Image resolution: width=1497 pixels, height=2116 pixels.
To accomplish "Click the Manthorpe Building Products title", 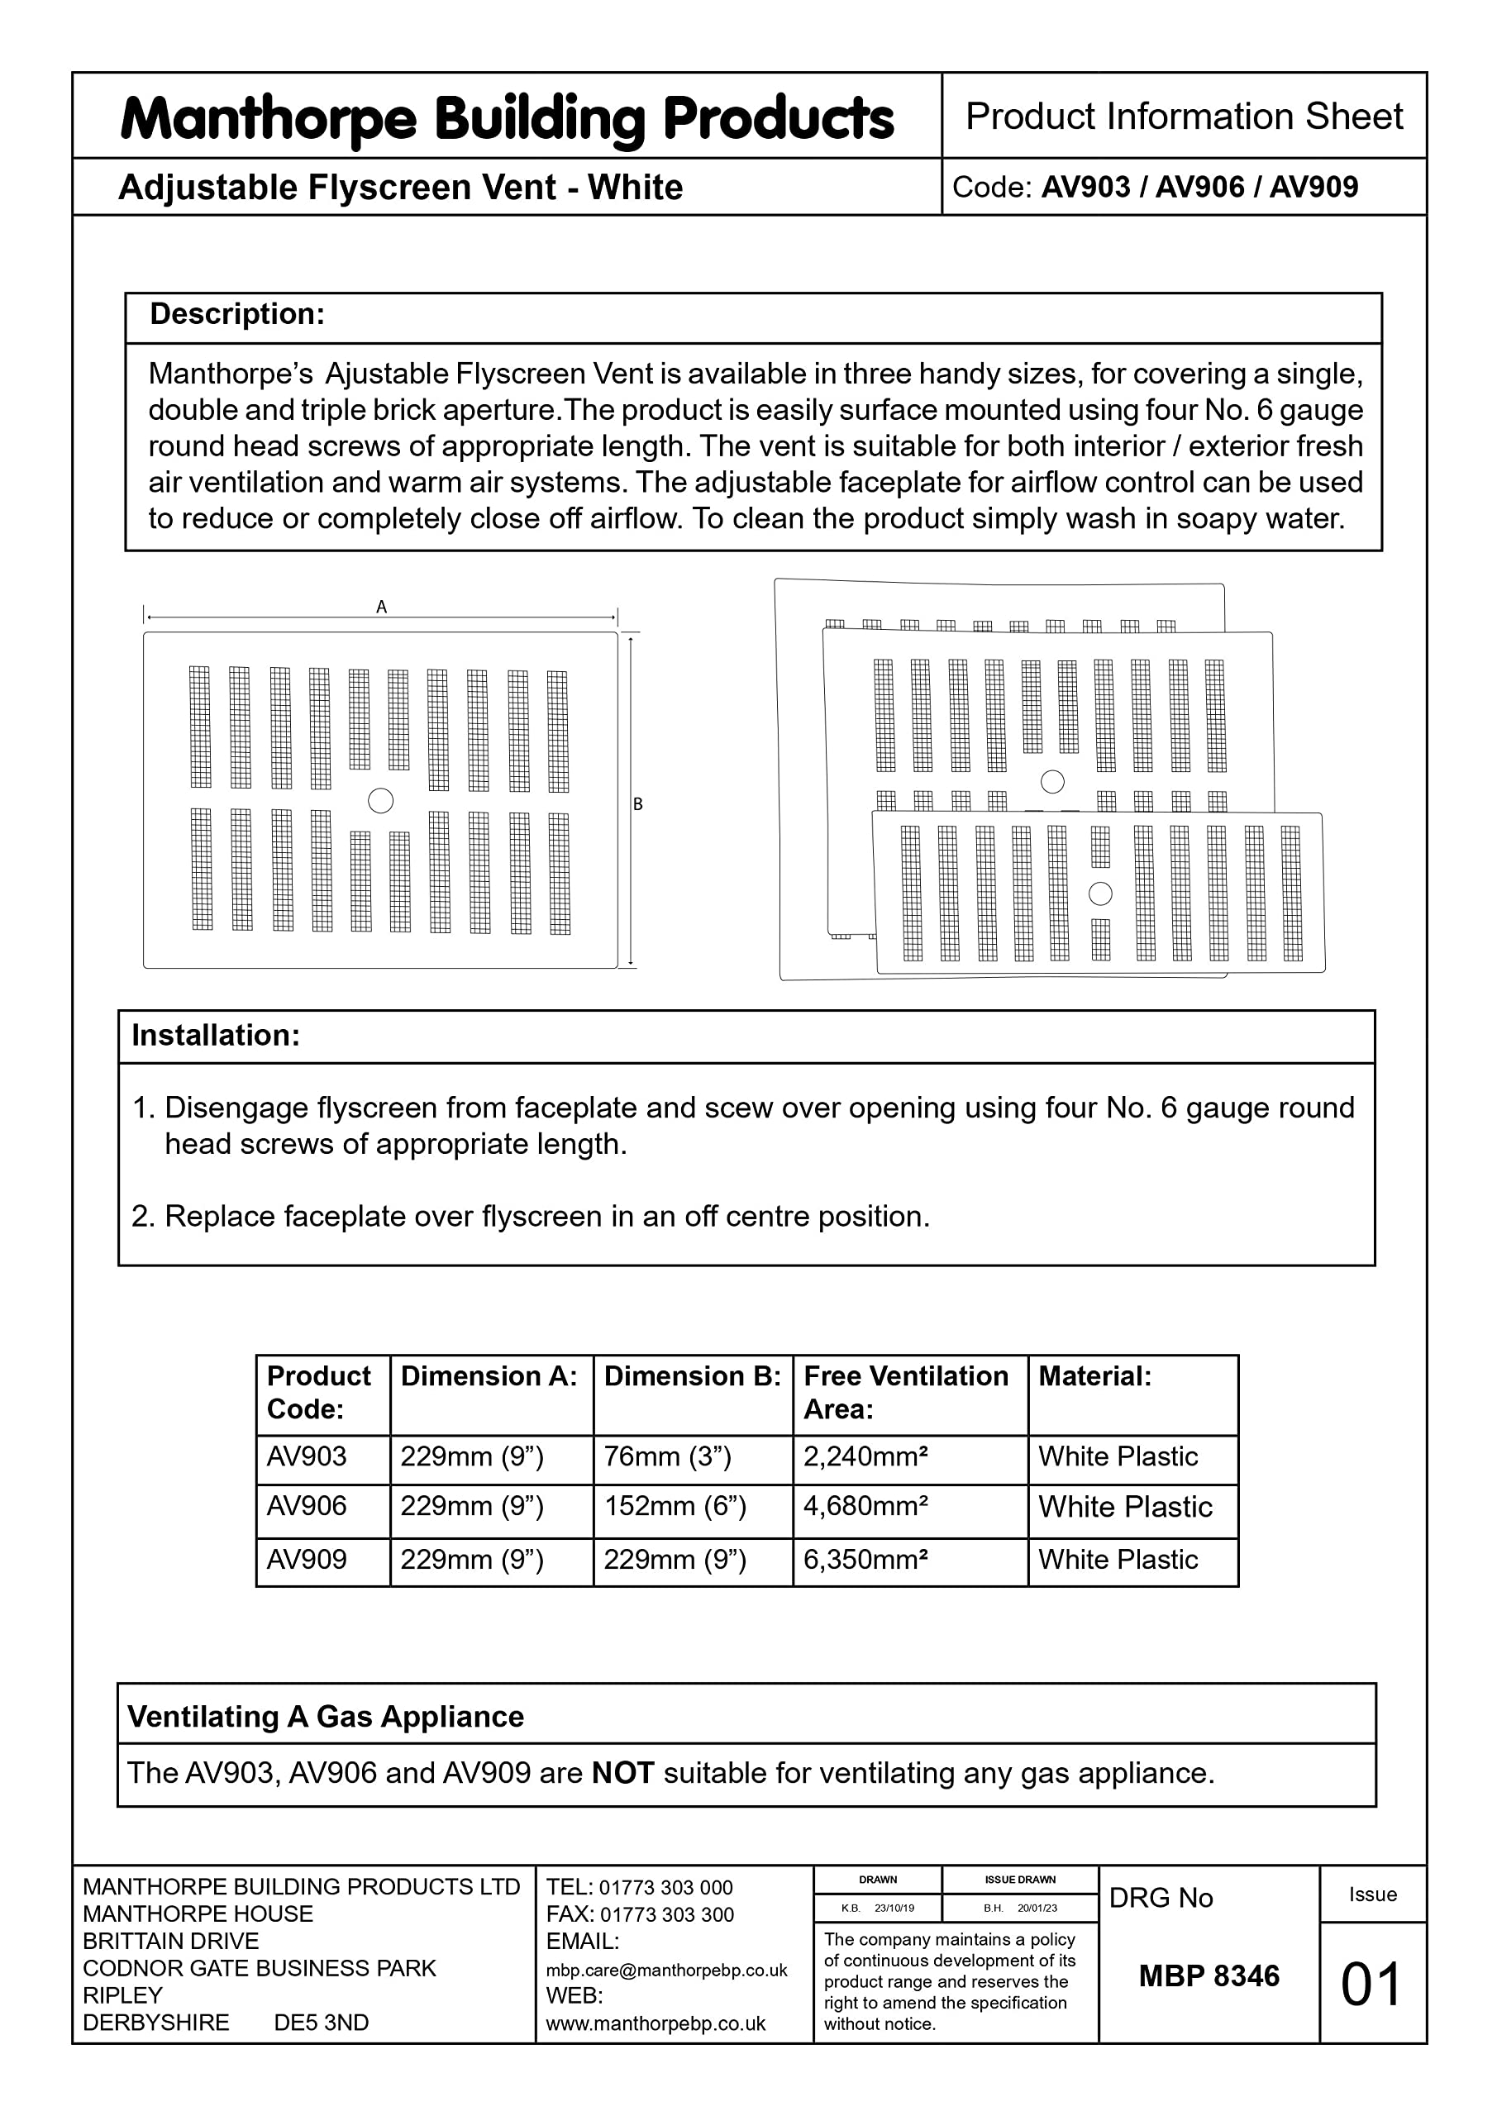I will click(507, 119).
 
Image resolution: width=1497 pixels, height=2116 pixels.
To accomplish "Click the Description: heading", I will click(237, 314).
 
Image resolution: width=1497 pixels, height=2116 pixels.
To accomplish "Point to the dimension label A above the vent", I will click(382, 608).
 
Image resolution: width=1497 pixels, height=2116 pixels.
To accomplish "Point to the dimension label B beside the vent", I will click(638, 804).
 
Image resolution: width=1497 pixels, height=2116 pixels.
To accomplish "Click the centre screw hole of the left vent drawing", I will click(381, 801).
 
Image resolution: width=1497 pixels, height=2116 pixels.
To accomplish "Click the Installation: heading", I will click(216, 1035).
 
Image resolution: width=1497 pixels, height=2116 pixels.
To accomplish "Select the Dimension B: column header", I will click(691, 1376).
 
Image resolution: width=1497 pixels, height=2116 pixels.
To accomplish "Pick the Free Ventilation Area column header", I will click(905, 1392).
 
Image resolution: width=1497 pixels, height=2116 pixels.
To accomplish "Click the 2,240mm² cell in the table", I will click(865, 1456).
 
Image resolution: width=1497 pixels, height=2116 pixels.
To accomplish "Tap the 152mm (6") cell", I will click(675, 1506).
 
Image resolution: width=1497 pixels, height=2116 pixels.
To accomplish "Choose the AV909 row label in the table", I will click(307, 1560).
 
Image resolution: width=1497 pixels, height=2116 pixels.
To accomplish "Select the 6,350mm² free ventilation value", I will click(865, 1560).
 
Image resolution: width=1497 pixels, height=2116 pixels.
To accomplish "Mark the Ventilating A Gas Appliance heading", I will click(326, 1717).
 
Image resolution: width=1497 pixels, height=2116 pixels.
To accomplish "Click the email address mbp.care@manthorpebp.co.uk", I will click(666, 1971).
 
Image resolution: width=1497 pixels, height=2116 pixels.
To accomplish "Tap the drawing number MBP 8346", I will click(1209, 1976).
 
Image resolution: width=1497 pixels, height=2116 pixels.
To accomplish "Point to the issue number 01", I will click(1371, 1985).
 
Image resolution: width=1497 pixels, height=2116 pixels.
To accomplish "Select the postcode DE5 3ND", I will click(321, 2023).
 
